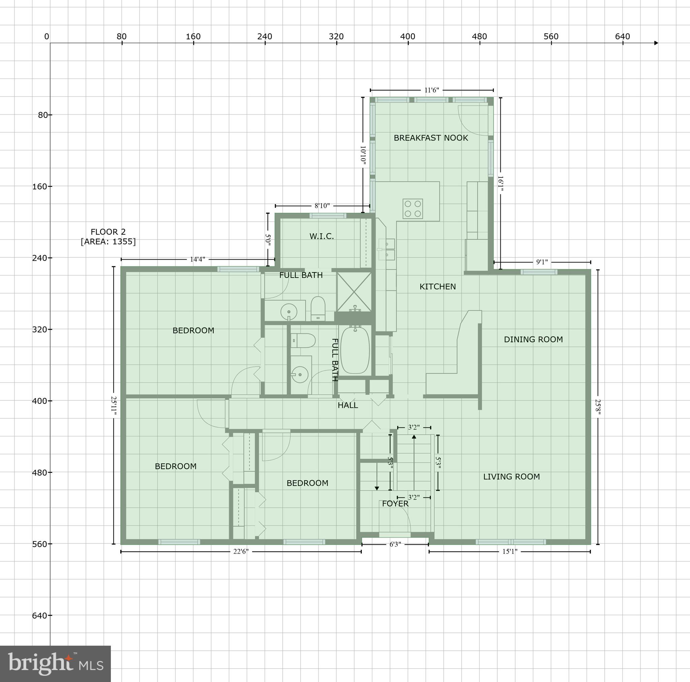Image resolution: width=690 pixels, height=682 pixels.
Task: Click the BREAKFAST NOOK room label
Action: [431, 138]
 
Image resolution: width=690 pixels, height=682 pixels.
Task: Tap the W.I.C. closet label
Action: [321, 236]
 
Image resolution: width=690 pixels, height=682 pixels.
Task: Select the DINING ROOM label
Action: [533, 339]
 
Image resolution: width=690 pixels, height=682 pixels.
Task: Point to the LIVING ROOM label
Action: [511, 476]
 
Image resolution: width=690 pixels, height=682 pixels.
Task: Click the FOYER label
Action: [395, 504]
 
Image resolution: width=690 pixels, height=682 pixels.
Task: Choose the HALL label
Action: [347, 405]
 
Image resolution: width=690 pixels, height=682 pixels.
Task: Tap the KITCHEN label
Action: [438, 286]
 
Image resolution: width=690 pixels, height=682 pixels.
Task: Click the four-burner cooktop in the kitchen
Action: [412, 208]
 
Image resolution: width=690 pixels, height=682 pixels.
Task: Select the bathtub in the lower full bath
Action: [355, 350]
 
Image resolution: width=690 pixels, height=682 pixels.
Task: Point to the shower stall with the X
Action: [354, 292]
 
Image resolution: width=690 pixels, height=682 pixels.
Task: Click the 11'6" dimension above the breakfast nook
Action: [432, 90]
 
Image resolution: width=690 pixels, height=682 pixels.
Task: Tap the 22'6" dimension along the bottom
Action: [241, 551]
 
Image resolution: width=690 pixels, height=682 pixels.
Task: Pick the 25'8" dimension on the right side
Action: [598, 407]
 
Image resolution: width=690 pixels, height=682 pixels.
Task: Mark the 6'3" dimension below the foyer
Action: [395, 544]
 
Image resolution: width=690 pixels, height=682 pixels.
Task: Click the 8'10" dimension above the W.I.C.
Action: [322, 206]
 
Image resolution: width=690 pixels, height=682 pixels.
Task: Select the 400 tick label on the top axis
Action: [408, 36]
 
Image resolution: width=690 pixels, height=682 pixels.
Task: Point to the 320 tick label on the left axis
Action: [39, 329]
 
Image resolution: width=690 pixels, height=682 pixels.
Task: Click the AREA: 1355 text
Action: [108, 242]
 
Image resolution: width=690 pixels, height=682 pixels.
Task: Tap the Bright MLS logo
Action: [55, 664]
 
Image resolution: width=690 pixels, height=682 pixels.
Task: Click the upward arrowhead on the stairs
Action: [414, 437]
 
